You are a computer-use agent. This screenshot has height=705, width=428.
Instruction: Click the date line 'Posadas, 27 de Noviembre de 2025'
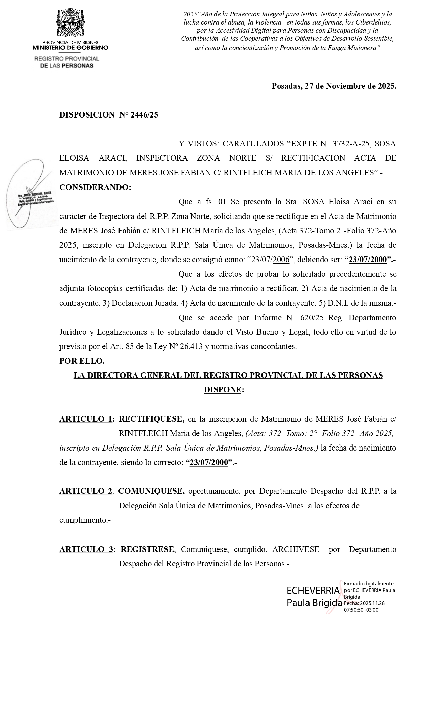pos(334,86)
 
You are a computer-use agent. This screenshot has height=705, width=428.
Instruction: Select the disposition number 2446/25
pos(144,115)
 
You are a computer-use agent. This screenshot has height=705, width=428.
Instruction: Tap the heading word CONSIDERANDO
pos(95,187)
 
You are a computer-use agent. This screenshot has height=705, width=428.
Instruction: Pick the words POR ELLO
pos(82,361)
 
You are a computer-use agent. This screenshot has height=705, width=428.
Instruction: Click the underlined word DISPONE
pos(223,390)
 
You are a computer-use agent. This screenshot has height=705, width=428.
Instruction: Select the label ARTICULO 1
pos(86,419)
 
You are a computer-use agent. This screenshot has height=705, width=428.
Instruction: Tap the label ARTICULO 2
pos(86,491)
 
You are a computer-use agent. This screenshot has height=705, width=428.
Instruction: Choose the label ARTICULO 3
pos(86,549)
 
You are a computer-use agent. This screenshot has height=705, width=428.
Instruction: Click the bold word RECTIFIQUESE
pos(151,419)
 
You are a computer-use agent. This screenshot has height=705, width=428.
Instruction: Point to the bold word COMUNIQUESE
pos(151,491)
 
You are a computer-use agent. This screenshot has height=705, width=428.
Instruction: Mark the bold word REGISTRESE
pos(147,549)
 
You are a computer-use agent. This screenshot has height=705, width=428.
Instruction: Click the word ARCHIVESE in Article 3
pos(296,549)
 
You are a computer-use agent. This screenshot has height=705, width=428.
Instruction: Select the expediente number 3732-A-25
pos(351,144)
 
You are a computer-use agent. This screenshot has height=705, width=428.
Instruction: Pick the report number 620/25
pos(311,318)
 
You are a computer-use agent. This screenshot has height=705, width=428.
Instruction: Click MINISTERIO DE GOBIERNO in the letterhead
pos(70,48)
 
